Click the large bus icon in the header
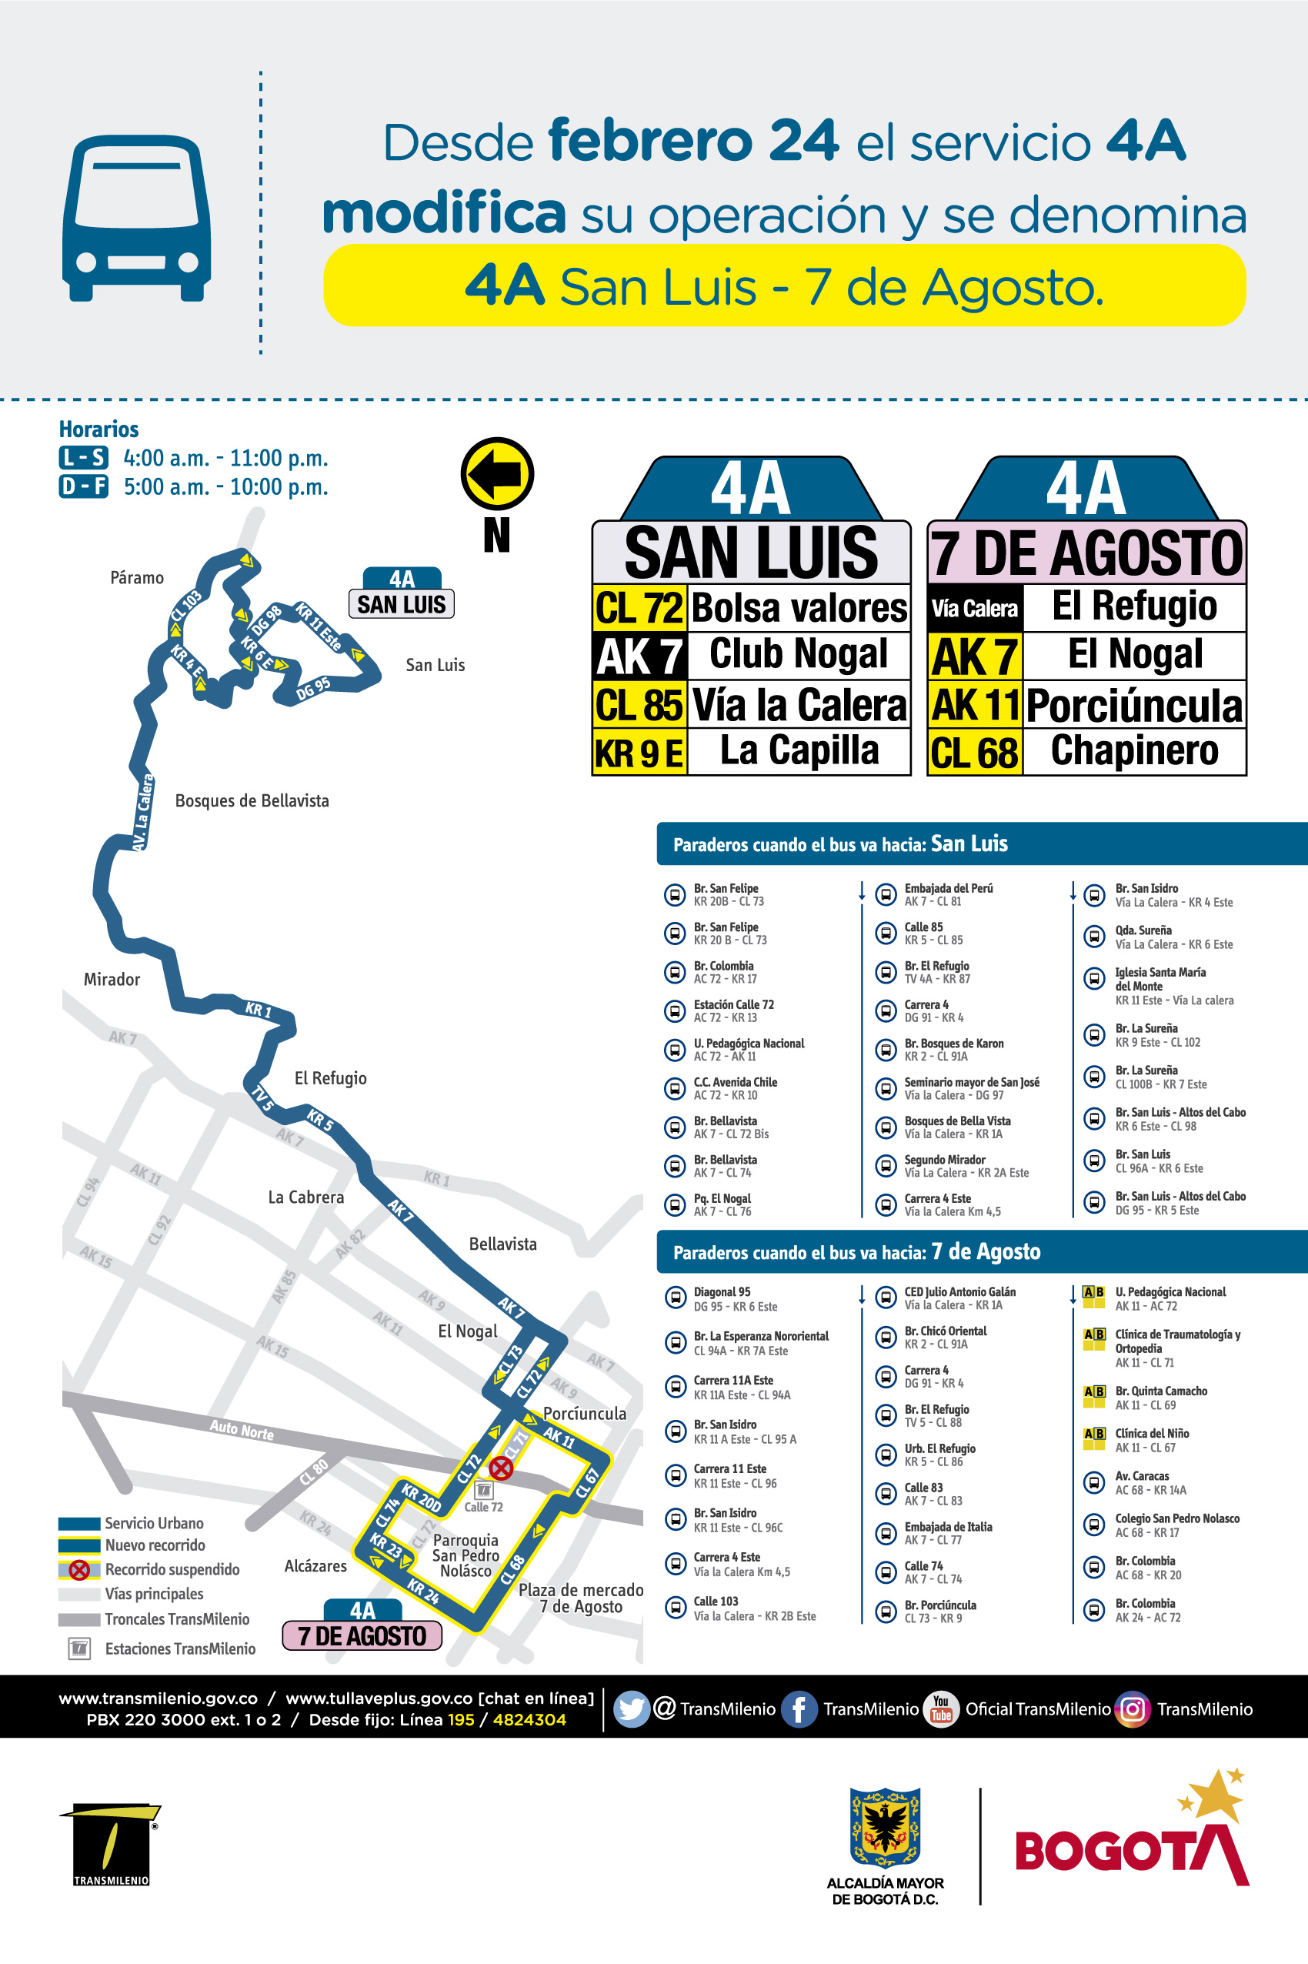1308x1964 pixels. (136, 218)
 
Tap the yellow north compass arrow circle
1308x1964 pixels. (497, 473)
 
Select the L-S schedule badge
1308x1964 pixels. (83, 457)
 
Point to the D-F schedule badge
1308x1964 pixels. (83, 486)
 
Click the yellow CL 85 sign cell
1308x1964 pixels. (639, 705)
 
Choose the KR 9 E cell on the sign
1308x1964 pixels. (639, 753)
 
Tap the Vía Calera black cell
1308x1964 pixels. (974, 609)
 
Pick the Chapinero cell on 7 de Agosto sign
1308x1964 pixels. (1133, 751)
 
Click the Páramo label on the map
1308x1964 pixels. (137, 577)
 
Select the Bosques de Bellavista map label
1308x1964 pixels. (252, 800)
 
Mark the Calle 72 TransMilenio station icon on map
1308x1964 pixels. (484, 1489)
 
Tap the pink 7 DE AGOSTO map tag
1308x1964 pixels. (362, 1635)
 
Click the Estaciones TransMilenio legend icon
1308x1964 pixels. (79, 1648)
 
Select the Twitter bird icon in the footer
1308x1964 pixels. (632, 1708)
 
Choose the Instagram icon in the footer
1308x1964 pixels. (1133, 1708)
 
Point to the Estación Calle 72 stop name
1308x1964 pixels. (733, 1004)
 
